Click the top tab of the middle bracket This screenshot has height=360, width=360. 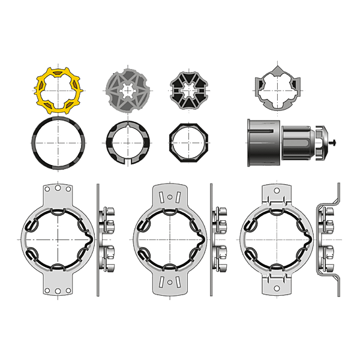point(170,194)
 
